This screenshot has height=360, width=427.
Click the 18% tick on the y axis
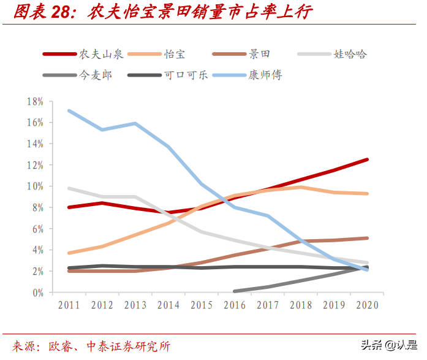(35, 101)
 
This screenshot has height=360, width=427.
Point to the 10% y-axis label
(35, 186)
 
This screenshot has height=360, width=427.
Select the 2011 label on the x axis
(69, 305)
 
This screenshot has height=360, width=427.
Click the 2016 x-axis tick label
(235, 305)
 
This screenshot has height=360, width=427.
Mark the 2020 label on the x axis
(367, 305)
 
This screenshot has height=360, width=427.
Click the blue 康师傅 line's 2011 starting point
(69, 110)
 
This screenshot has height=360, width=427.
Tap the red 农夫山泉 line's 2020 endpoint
(367, 159)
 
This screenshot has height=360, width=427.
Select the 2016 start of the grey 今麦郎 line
(235, 291)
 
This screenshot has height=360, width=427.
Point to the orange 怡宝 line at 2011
(69, 253)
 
